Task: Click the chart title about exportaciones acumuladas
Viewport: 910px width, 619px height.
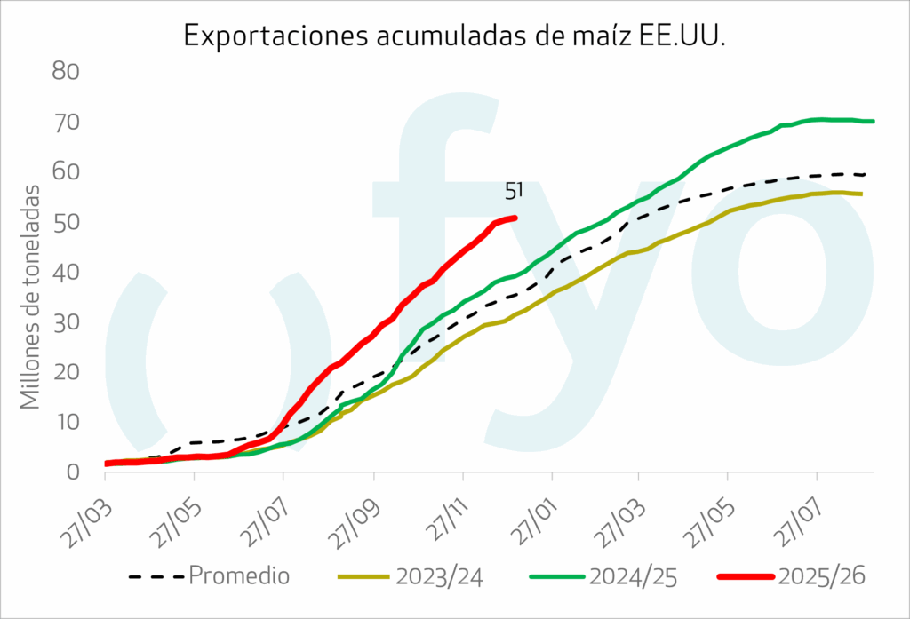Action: point(454,35)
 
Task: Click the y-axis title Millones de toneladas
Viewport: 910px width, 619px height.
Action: point(30,297)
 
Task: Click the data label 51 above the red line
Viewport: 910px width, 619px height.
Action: point(514,191)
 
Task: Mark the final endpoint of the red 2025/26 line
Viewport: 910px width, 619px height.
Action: point(515,218)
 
